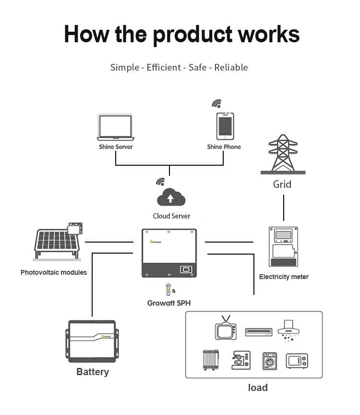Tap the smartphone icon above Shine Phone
coord(225,126)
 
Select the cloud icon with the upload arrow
coord(171,197)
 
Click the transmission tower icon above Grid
coord(282,155)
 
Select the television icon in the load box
coord(225,329)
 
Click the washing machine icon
coord(270,361)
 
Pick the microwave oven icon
coord(297,360)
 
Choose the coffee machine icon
coord(241,360)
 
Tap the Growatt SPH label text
coord(169,303)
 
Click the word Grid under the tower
coord(282,184)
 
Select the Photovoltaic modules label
coord(54,272)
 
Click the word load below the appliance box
coord(258,388)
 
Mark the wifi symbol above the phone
coord(217,103)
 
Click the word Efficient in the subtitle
coord(163,67)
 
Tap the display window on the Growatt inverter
coord(186,269)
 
